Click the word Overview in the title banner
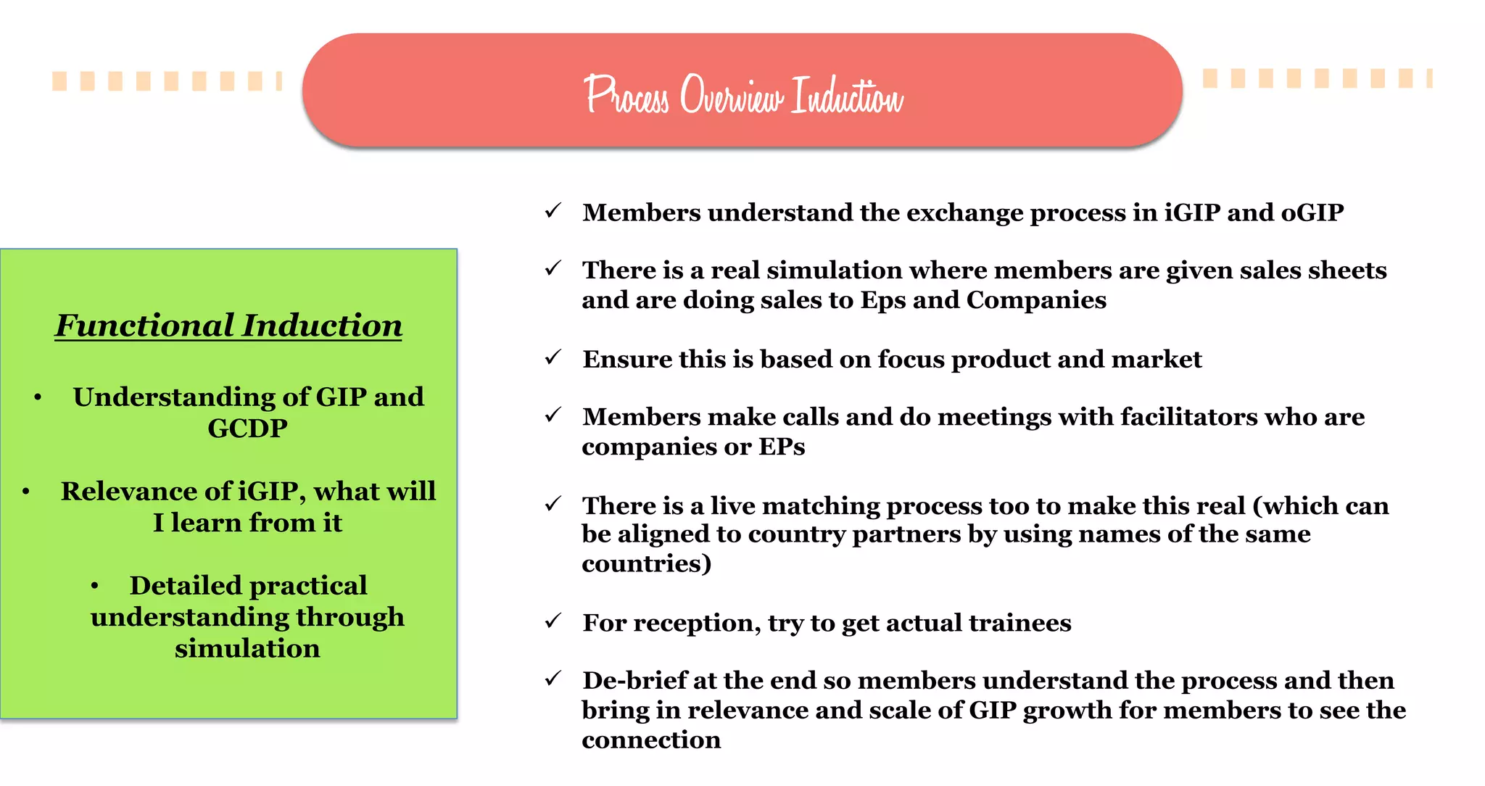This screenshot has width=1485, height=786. click(x=731, y=96)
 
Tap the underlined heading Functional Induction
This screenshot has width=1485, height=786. click(x=228, y=326)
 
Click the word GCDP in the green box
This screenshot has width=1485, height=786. click(x=247, y=429)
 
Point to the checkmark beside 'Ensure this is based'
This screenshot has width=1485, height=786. click(x=553, y=357)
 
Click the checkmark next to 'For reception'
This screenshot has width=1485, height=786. click(x=553, y=621)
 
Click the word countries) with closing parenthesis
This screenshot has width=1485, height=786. click(x=646, y=563)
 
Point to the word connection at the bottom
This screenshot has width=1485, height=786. click(x=651, y=740)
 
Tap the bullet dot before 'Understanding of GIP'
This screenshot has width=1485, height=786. click(x=38, y=397)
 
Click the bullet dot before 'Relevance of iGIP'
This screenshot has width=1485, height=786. click(x=26, y=492)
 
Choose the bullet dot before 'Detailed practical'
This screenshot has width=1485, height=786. click(x=95, y=586)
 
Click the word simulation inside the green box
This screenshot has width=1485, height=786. click(x=247, y=648)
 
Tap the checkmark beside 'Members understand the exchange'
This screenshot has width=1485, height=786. click(x=553, y=211)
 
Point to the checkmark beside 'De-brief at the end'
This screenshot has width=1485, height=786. click(x=553, y=679)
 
